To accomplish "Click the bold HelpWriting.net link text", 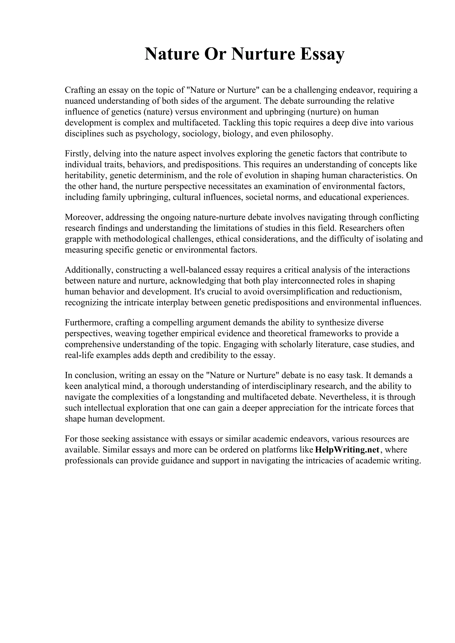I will point(347,450).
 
